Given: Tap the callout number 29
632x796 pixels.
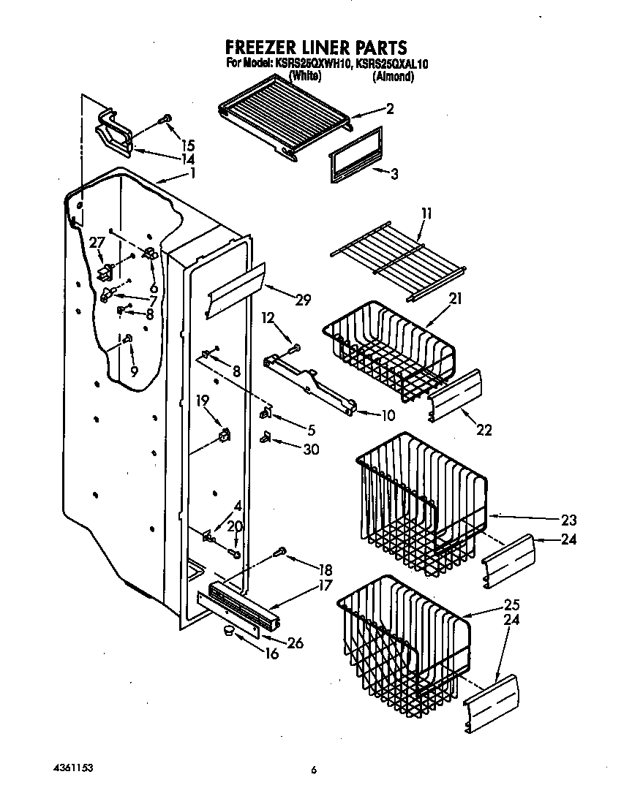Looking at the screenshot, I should (303, 299).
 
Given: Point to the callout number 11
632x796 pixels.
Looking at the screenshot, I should (426, 214).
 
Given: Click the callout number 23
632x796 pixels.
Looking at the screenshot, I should (568, 520).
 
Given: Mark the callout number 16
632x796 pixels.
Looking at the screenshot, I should (271, 654).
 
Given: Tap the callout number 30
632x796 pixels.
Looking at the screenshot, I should (311, 450).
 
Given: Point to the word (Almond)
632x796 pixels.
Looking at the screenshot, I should (393, 76).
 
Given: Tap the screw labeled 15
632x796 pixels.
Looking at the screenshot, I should (165, 118).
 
